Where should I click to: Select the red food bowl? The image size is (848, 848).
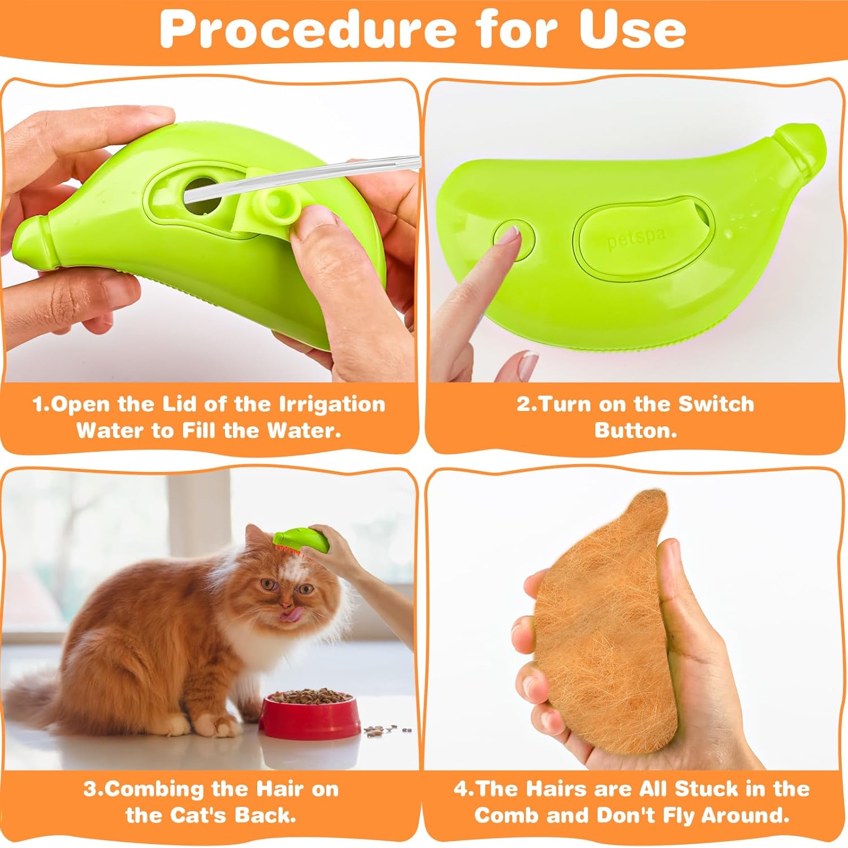(x=310, y=715)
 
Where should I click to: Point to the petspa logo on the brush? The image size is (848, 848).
(x=637, y=237)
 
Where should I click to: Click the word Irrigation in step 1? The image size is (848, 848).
(x=332, y=405)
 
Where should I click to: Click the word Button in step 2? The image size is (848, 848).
(x=635, y=431)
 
